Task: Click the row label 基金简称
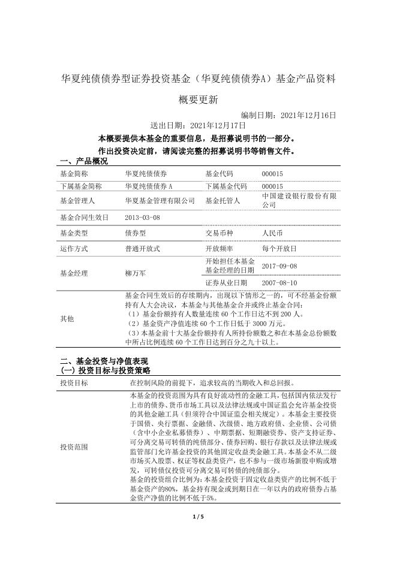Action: point(74,173)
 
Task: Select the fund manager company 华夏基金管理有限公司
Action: point(160,201)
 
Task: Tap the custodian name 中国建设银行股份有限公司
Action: point(299,200)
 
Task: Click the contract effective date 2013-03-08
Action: point(143,217)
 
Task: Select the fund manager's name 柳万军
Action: point(136,273)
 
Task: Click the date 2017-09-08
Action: point(279,266)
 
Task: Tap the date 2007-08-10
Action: point(279,282)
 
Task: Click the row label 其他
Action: point(67,319)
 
